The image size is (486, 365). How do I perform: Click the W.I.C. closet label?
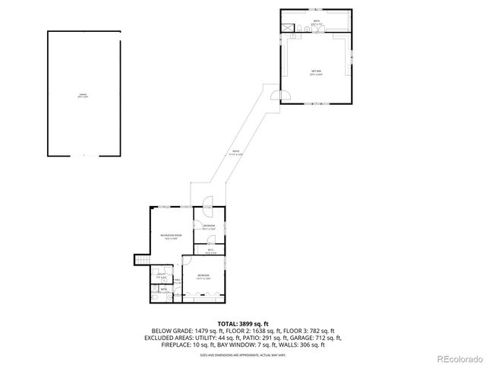[209, 251]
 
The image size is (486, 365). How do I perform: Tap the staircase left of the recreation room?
[140, 260]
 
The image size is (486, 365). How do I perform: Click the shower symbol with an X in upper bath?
[288, 29]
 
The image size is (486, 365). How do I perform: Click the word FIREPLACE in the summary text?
[177, 345]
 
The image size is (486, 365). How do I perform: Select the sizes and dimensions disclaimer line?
[243, 355]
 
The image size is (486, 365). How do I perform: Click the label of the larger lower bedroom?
[204, 276]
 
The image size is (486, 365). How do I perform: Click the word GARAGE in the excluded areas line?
[311, 338]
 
